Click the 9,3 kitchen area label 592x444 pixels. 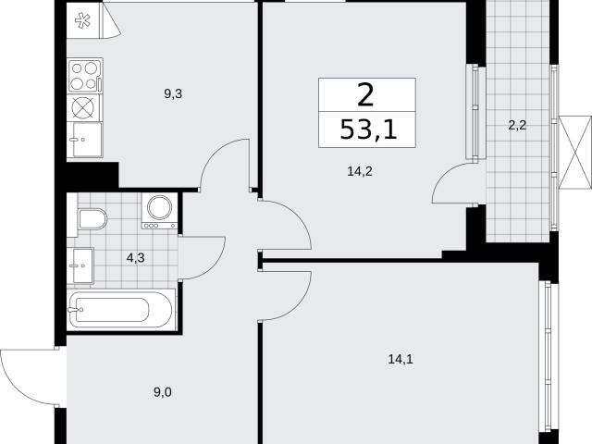tap(173, 94)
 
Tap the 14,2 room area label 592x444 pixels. tap(360, 172)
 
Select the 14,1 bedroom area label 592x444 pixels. tap(401, 359)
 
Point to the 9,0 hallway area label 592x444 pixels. tap(163, 392)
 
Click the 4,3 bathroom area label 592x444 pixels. tap(136, 258)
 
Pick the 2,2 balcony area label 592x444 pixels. tap(517, 125)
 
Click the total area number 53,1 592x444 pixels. tap(368, 129)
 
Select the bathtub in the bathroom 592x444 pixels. tap(121, 311)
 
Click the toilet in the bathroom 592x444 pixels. tap(92, 219)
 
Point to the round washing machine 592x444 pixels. tap(159, 211)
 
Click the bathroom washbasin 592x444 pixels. tap(83, 265)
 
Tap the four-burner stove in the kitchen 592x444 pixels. tap(85, 75)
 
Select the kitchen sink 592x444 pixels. tap(85, 140)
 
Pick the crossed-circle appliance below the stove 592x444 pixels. tap(83, 107)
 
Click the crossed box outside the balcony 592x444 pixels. tap(574, 153)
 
